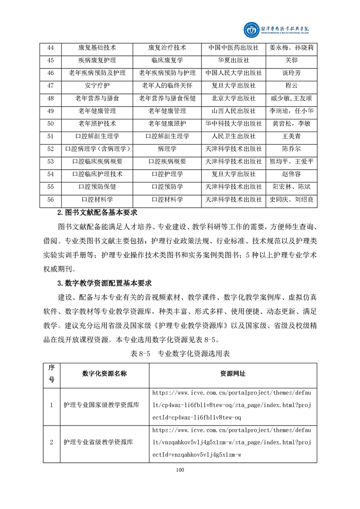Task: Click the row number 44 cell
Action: (51, 48)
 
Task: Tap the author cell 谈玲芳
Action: (291, 73)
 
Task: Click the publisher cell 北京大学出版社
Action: (234, 98)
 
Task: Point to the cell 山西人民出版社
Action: (234, 111)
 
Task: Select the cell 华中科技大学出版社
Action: (234, 123)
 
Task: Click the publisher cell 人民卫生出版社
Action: (234, 136)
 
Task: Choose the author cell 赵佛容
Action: (291, 174)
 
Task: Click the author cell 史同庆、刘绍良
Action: (291, 199)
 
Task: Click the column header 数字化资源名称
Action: (104, 373)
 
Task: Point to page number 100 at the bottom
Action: (180, 470)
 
